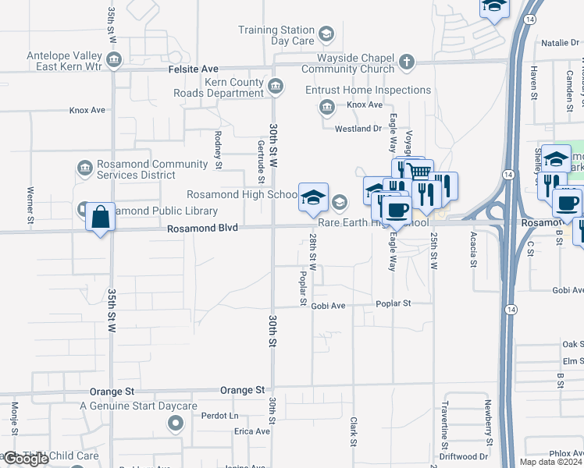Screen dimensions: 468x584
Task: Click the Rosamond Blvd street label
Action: pyautogui.click(x=202, y=228)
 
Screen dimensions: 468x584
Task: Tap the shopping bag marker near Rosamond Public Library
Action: pyautogui.click(x=101, y=217)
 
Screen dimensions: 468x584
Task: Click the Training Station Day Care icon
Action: pyautogui.click(x=326, y=34)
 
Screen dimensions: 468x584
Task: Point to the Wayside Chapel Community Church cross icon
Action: pyautogui.click(x=406, y=62)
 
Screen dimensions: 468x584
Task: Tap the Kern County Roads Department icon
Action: pyautogui.click(x=275, y=87)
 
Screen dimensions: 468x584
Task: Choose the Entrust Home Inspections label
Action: pyautogui.click(x=368, y=90)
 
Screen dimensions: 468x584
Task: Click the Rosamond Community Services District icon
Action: pyautogui.click(x=85, y=168)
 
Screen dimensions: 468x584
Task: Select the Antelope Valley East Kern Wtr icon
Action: pyautogui.click(x=114, y=59)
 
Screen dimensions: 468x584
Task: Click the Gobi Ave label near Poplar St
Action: pyautogui.click(x=328, y=306)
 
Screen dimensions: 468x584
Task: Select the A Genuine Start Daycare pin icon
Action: pyautogui.click(x=175, y=424)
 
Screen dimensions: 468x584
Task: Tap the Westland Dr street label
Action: pyautogui.click(x=358, y=129)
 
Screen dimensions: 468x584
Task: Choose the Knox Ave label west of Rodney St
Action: pyautogui.click(x=87, y=110)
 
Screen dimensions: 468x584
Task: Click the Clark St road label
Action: pyautogui.click(x=353, y=431)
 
